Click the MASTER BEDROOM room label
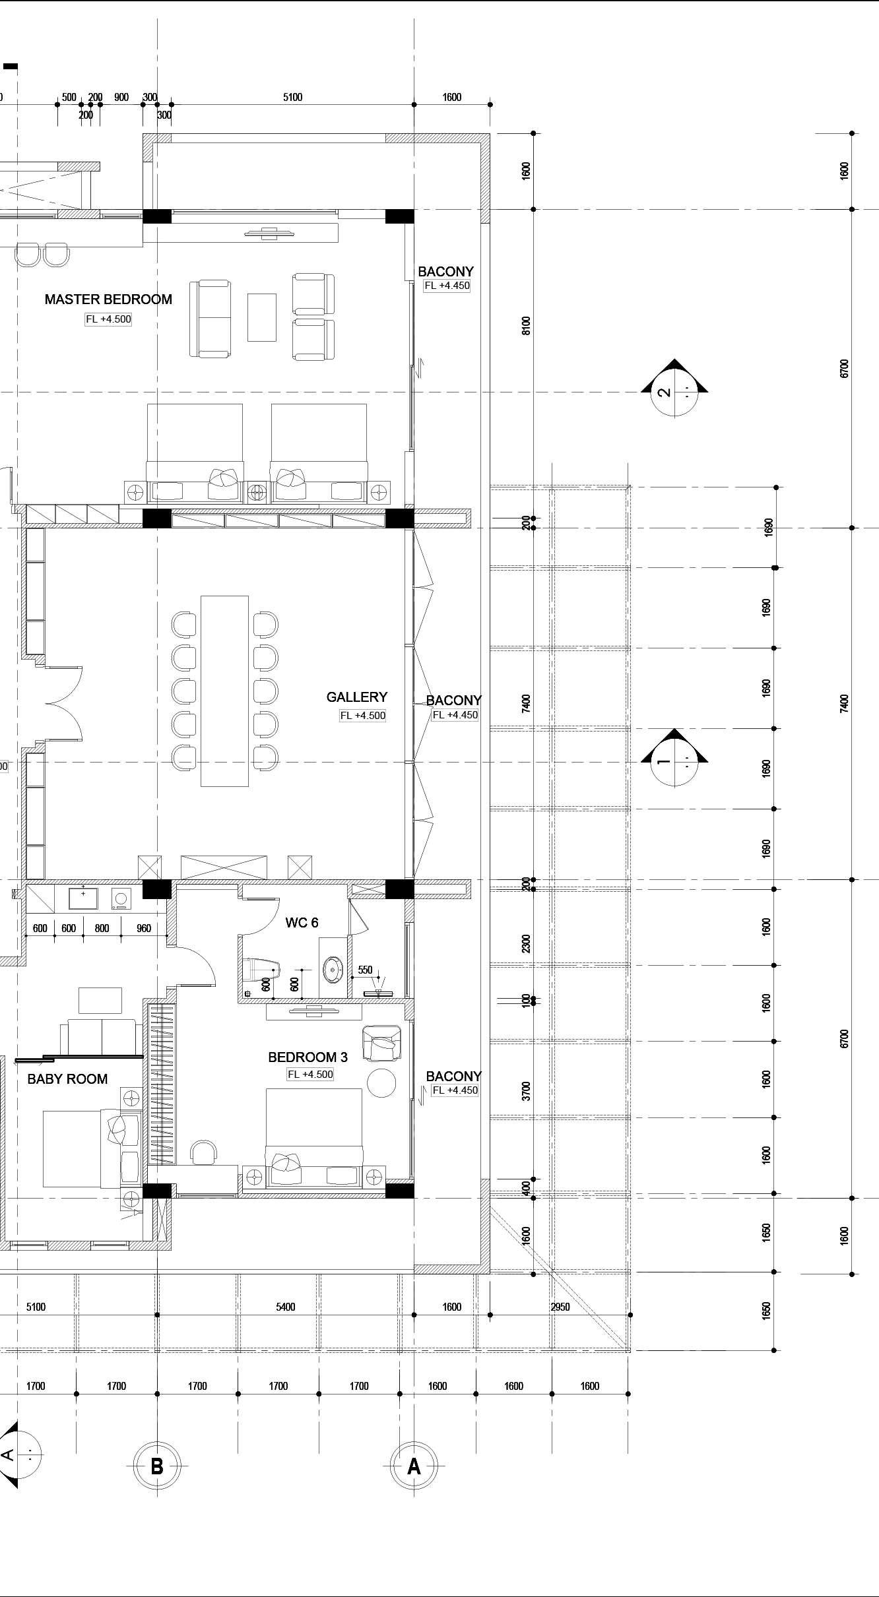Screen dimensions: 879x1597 click(x=108, y=299)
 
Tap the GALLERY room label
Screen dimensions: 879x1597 click(x=357, y=697)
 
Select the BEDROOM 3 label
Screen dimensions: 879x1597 click(x=308, y=1057)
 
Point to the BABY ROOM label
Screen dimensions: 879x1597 click(x=67, y=1079)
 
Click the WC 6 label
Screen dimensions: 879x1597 click(x=302, y=923)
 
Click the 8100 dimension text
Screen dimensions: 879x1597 click(x=526, y=326)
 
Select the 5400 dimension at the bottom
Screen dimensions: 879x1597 click(x=286, y=1307)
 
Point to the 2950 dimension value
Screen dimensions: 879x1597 click(x=560, y=1307)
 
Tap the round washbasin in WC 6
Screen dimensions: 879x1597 click(x=334, y=970)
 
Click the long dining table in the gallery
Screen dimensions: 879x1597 click(x=224, y=691)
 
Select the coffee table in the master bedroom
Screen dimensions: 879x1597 click(x=262, y=317)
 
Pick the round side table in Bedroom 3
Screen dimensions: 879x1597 click(x=381, y=1083)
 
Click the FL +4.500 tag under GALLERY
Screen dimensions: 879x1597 click(x=363, y=716)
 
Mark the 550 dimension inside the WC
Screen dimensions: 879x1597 click(x=365, y=970)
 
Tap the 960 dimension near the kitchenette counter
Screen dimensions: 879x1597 click(x=144, y=928)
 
